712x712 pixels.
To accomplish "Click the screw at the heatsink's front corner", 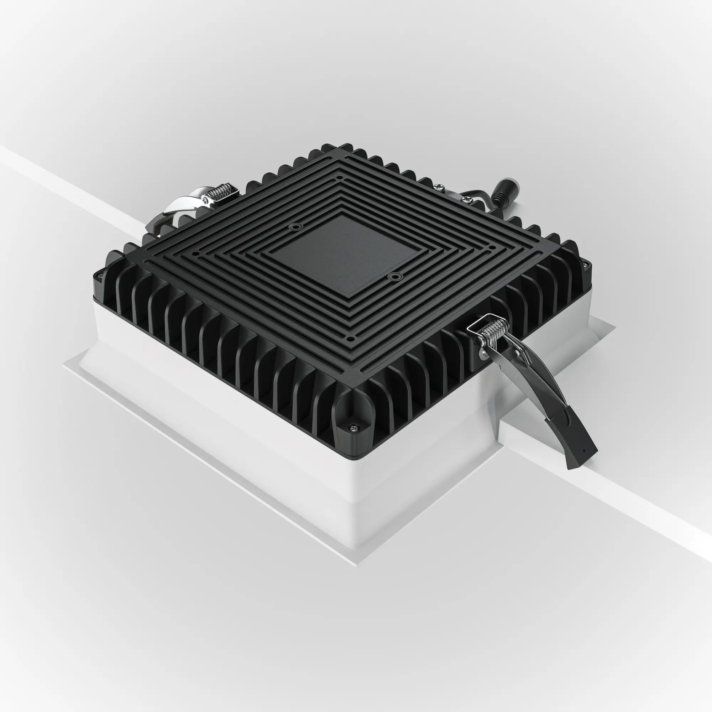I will [354, 428].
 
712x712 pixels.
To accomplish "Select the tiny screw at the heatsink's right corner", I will [584, 264].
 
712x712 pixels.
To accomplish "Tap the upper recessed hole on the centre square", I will [295, 227].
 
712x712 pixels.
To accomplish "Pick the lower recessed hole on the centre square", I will [395, 276].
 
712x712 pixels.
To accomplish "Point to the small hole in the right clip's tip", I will [583, 450].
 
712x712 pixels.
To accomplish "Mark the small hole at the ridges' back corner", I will [339, 177].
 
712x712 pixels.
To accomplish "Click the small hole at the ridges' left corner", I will [196, 254].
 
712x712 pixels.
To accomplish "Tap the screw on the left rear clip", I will [204, 200].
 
